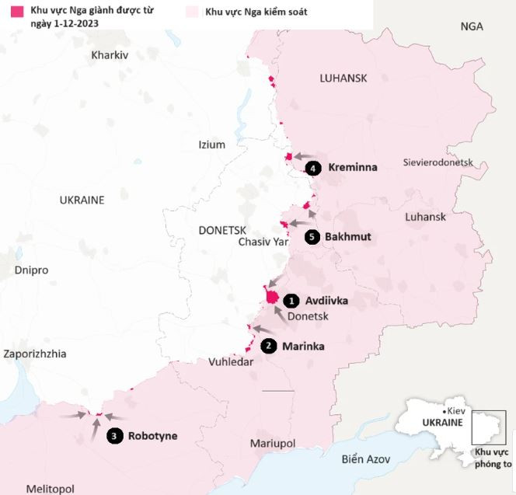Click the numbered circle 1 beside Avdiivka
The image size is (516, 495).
pos(291,300)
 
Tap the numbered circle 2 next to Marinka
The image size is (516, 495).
pos(269,346)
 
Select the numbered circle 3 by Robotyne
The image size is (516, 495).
pos(114,436)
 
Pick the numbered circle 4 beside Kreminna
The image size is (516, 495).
pos(314,168)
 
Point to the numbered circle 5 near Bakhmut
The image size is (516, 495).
pos(312,237)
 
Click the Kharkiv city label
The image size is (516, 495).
pos(110,55)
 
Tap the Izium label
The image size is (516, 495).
pos(211,145)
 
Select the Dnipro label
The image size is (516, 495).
pos(31,270)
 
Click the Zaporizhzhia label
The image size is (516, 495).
pos(34,354)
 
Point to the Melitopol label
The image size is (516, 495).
pos(50,488)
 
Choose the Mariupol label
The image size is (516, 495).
pos(273,443)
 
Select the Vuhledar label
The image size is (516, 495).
pos(231,362)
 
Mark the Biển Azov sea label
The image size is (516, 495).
pos(365,458)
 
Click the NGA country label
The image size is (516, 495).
pos(471,26)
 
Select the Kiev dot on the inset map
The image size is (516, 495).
pos(441,411)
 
